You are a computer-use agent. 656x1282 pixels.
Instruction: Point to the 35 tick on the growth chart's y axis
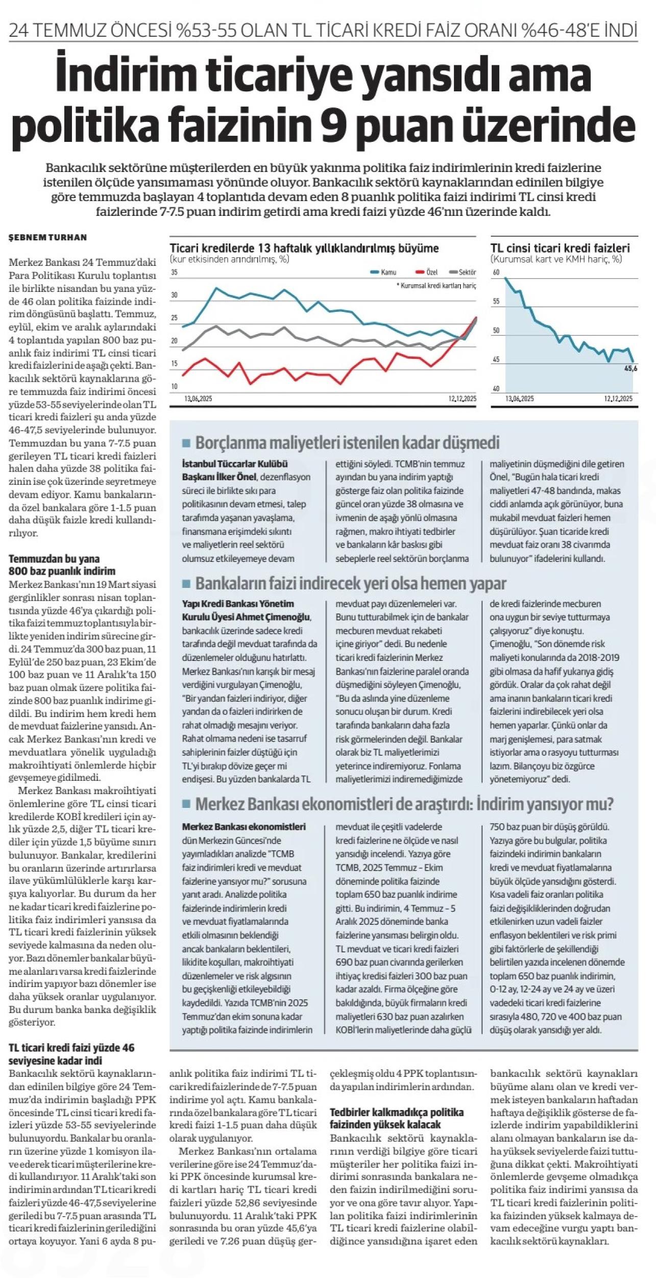tap(174, 273)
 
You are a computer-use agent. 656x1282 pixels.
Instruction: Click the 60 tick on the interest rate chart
tap(495, 273)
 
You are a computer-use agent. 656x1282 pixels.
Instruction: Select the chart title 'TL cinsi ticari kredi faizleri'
tap(560, 249)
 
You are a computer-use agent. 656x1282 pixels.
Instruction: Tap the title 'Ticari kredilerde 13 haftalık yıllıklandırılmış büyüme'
tap(304, 249)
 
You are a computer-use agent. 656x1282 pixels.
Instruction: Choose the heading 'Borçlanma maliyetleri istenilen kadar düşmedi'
tap(347, 442)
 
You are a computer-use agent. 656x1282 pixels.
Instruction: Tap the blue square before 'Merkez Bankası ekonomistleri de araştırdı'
tap(186, 805)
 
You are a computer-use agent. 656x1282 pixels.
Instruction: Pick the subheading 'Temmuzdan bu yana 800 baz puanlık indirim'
tap(62, 564)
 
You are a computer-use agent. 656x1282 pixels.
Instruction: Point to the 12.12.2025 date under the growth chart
tap(462, 399)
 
